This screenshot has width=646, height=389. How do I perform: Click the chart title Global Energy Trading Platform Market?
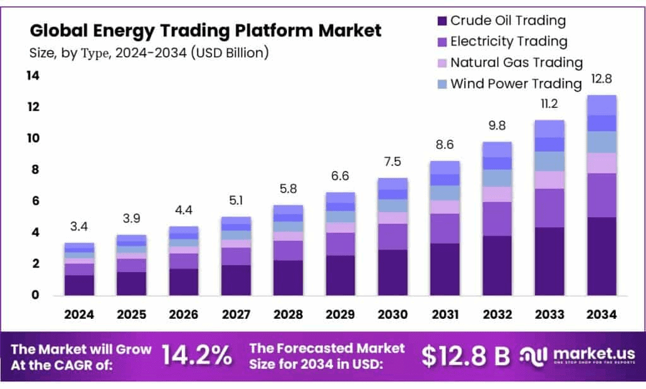(x=206, y=30)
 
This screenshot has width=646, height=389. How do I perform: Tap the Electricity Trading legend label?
(x=508, y=42)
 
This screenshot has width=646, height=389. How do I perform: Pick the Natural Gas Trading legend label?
(x=516, y=63)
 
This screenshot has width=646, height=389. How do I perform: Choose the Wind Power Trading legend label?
(x=515, y=83)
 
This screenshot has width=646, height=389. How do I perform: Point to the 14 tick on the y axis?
(x=32, y=76)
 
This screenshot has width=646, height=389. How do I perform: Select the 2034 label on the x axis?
(x=601, y=314)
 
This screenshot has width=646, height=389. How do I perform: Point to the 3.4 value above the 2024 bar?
(x=79, y=226)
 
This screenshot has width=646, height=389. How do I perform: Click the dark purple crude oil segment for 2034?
(x=601, y=256)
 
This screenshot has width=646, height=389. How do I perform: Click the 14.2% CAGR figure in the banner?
(x=197, y=356)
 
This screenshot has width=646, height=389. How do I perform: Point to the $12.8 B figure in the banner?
(x=466, y=356)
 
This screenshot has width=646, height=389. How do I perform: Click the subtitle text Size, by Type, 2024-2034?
(x=149, y=52)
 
